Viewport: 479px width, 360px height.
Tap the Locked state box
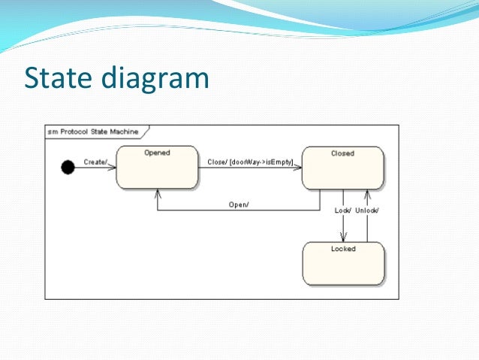click(342, 264)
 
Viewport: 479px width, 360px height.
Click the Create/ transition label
click(95, 162)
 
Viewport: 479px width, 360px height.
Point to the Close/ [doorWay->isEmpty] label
click(250, 162)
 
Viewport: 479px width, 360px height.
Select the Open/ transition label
click(239, 204)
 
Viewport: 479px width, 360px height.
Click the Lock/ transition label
click(342, 210)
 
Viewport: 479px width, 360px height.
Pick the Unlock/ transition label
click(366, 210)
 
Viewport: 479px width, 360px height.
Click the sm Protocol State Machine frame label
click(93, 132)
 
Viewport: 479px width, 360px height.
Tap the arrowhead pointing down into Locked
click(343, 238)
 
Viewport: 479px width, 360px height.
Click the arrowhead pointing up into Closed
click(367, 193)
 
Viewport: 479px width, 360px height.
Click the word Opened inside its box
click(157, 153)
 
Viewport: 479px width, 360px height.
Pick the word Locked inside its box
click(343, 249)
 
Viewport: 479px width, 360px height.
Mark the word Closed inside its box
click(342, 153)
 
